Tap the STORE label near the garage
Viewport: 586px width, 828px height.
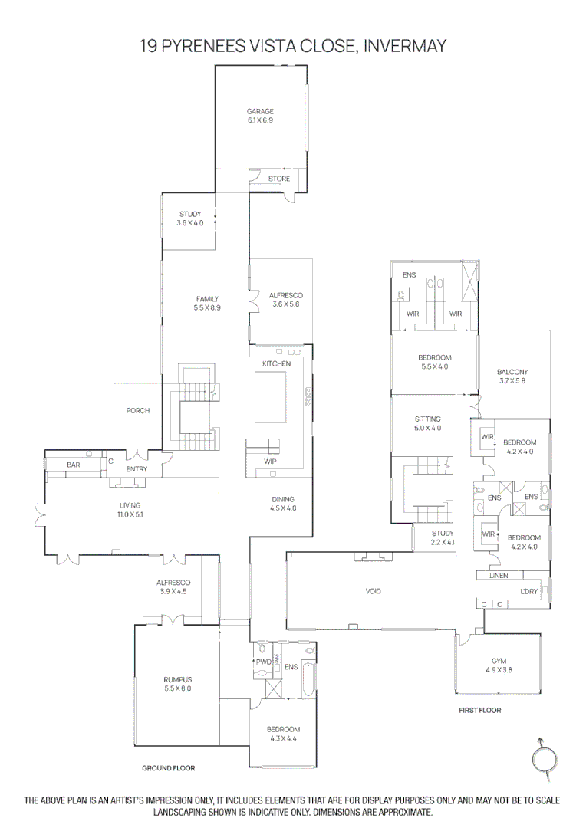point(279,179)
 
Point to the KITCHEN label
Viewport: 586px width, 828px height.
point(276,363)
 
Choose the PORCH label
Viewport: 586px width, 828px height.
point(138,411)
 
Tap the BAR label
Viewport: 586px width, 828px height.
point(74,465)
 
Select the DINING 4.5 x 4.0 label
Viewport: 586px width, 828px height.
point(282,503)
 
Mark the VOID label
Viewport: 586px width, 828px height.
point(373,591)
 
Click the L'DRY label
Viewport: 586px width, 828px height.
point(529,591)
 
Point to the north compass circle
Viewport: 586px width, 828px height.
point(544,760)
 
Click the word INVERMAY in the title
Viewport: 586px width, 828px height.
point(405,46)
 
